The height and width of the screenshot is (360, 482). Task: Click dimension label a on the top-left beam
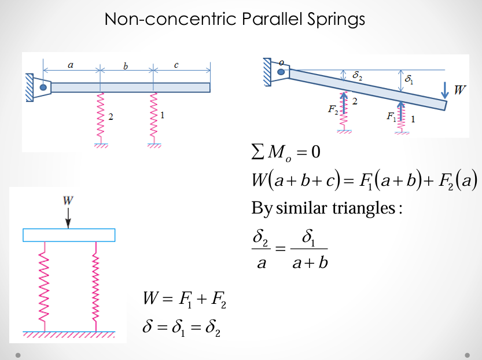71,65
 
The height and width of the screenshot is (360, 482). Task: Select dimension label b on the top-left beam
126,65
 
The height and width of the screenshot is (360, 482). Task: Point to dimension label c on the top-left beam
176,65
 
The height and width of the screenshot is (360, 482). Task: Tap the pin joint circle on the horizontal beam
43,87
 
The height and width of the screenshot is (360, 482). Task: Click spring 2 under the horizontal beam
100,117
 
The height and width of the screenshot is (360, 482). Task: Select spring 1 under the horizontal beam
153,117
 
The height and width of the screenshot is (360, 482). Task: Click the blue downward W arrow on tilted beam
444,90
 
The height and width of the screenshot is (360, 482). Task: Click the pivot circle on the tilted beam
281,71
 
